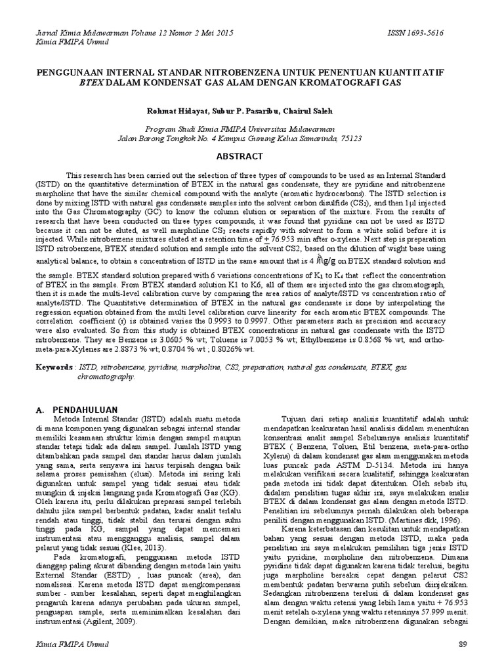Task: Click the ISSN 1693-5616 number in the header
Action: (x=436, y=33)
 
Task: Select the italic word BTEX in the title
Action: (x=92, y=83)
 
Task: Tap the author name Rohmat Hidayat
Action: (x=173, y=111)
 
